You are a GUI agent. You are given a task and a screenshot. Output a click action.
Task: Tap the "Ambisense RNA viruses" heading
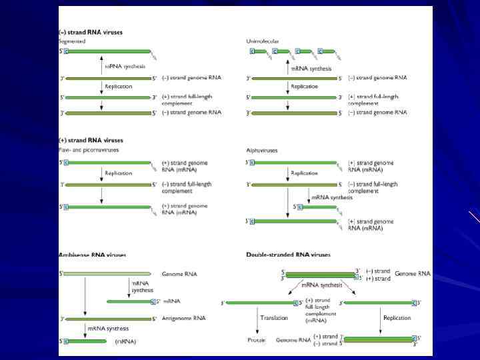[x=93, y=255]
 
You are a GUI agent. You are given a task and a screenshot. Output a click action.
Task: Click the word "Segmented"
[x=72, y=41]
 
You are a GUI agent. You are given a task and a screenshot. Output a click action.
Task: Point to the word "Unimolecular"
[x=263, y=41]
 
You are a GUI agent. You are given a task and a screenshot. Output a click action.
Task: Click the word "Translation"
[x=275, y=318]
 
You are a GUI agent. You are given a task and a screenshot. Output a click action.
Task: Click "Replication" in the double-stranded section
[x=397, y=318]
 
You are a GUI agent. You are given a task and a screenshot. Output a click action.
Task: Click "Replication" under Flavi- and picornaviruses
[x=119, y=173]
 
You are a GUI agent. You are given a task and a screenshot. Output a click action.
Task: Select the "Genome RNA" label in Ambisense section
[x=179, y=274]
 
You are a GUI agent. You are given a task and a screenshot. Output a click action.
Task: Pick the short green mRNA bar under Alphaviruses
[x=319, y=207]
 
